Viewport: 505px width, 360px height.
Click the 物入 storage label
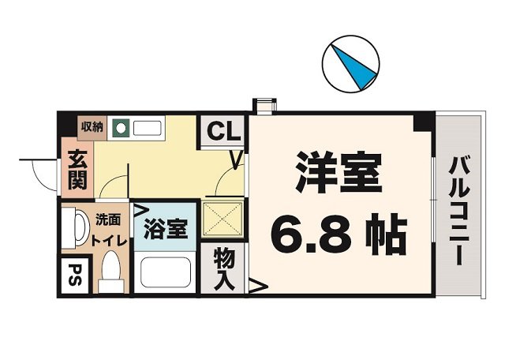point(226,269)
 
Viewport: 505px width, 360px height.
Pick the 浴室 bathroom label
point(166,231)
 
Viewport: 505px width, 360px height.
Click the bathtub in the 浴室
point(166,273)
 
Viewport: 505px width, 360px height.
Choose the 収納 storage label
point(92,126)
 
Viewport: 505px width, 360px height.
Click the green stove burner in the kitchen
point(120,126)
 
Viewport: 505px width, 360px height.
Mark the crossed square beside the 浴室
point(223,219)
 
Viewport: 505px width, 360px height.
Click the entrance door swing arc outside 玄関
point(39,170)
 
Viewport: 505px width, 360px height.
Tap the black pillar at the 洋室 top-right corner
point(425,121)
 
